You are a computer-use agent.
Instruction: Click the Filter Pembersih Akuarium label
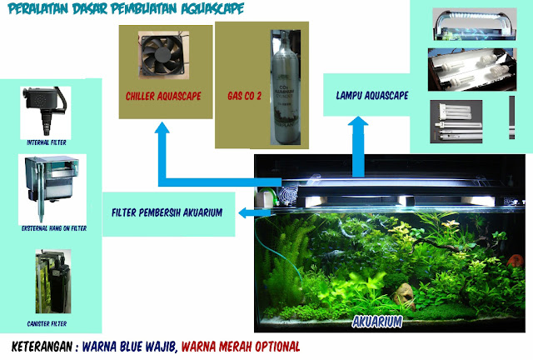pos(167,212)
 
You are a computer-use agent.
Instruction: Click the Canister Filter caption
pos(47,322)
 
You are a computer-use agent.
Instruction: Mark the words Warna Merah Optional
pos(241,346)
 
